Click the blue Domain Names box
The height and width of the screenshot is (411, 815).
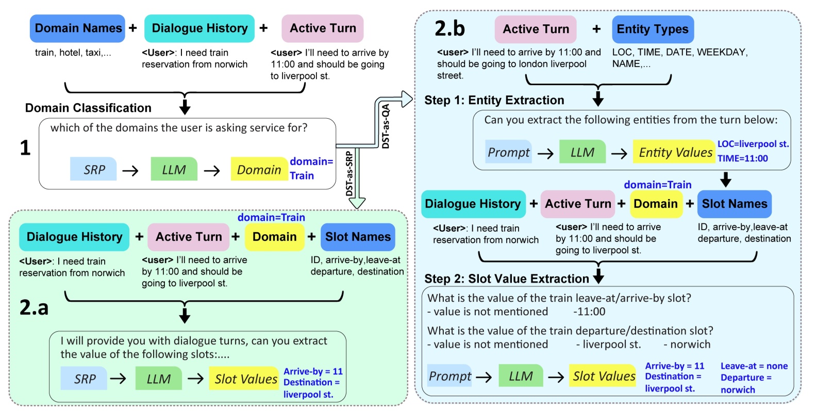[77, 28]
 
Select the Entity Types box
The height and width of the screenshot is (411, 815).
[653, 29]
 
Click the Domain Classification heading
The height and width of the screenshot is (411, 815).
[88, 108]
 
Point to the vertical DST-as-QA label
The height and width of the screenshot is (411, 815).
[386, 126]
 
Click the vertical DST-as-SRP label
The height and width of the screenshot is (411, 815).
[350, 173]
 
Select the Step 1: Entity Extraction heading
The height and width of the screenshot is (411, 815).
[494, 100]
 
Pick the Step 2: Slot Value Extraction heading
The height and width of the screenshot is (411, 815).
[506, 278]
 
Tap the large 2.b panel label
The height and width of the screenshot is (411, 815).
[450, 28]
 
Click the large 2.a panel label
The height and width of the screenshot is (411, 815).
[34, 307]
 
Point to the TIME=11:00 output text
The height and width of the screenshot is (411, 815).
[742, 158]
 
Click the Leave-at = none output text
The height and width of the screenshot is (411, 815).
[754, 366]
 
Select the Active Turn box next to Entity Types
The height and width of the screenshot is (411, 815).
[536, 29]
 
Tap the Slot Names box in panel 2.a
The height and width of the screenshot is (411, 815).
[358, 237]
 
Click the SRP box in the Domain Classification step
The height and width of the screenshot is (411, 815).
[93, 169]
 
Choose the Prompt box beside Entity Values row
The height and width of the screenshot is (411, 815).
[508, 152]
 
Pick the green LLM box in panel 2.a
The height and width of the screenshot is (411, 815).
[158, 379]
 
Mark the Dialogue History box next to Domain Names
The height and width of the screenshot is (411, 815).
[199, 28]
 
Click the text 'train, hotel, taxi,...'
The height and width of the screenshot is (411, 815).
[73, 53]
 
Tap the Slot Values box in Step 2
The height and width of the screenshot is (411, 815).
[604, 376]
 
